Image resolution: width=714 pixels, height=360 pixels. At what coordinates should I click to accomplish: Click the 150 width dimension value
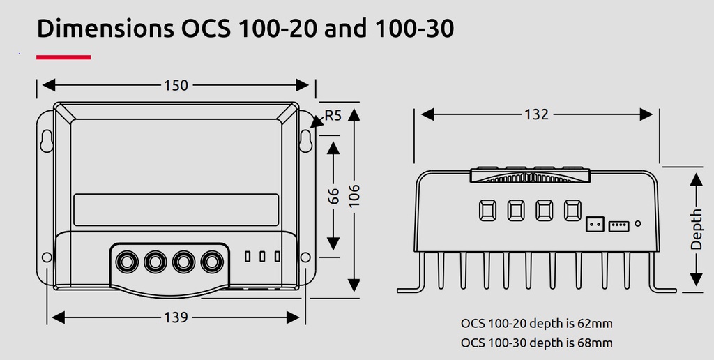[x=176, y=85]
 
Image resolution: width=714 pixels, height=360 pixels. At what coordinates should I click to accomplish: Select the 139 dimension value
[x=176, y=317]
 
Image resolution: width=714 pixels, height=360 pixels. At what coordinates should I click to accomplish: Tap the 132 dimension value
[x=535, y=114]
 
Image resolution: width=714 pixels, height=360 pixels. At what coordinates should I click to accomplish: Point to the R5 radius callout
[x=333, y=116]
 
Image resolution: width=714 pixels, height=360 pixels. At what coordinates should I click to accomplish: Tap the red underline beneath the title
[x=63, y=57]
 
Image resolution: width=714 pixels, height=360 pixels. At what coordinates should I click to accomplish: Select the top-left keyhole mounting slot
[x=47, y=140]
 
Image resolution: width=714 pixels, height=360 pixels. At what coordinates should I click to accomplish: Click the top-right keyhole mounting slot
[x=305, y=140]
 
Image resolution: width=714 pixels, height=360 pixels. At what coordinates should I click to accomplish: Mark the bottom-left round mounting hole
[x=47, y=257]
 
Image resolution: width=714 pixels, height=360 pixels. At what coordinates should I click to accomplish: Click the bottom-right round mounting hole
[x=305, y=257]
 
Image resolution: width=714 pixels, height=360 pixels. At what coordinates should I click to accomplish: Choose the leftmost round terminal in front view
[x=127, y=262]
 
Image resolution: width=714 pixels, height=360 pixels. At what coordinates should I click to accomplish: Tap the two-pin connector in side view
[x=595, y=225]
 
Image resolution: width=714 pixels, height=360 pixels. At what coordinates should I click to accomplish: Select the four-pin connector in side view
[x=618, y=225]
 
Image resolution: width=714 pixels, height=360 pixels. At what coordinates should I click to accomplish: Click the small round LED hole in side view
[x=638, y=225]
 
